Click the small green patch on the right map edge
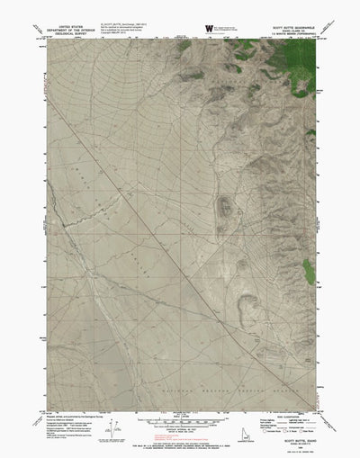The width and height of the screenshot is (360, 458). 311,270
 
